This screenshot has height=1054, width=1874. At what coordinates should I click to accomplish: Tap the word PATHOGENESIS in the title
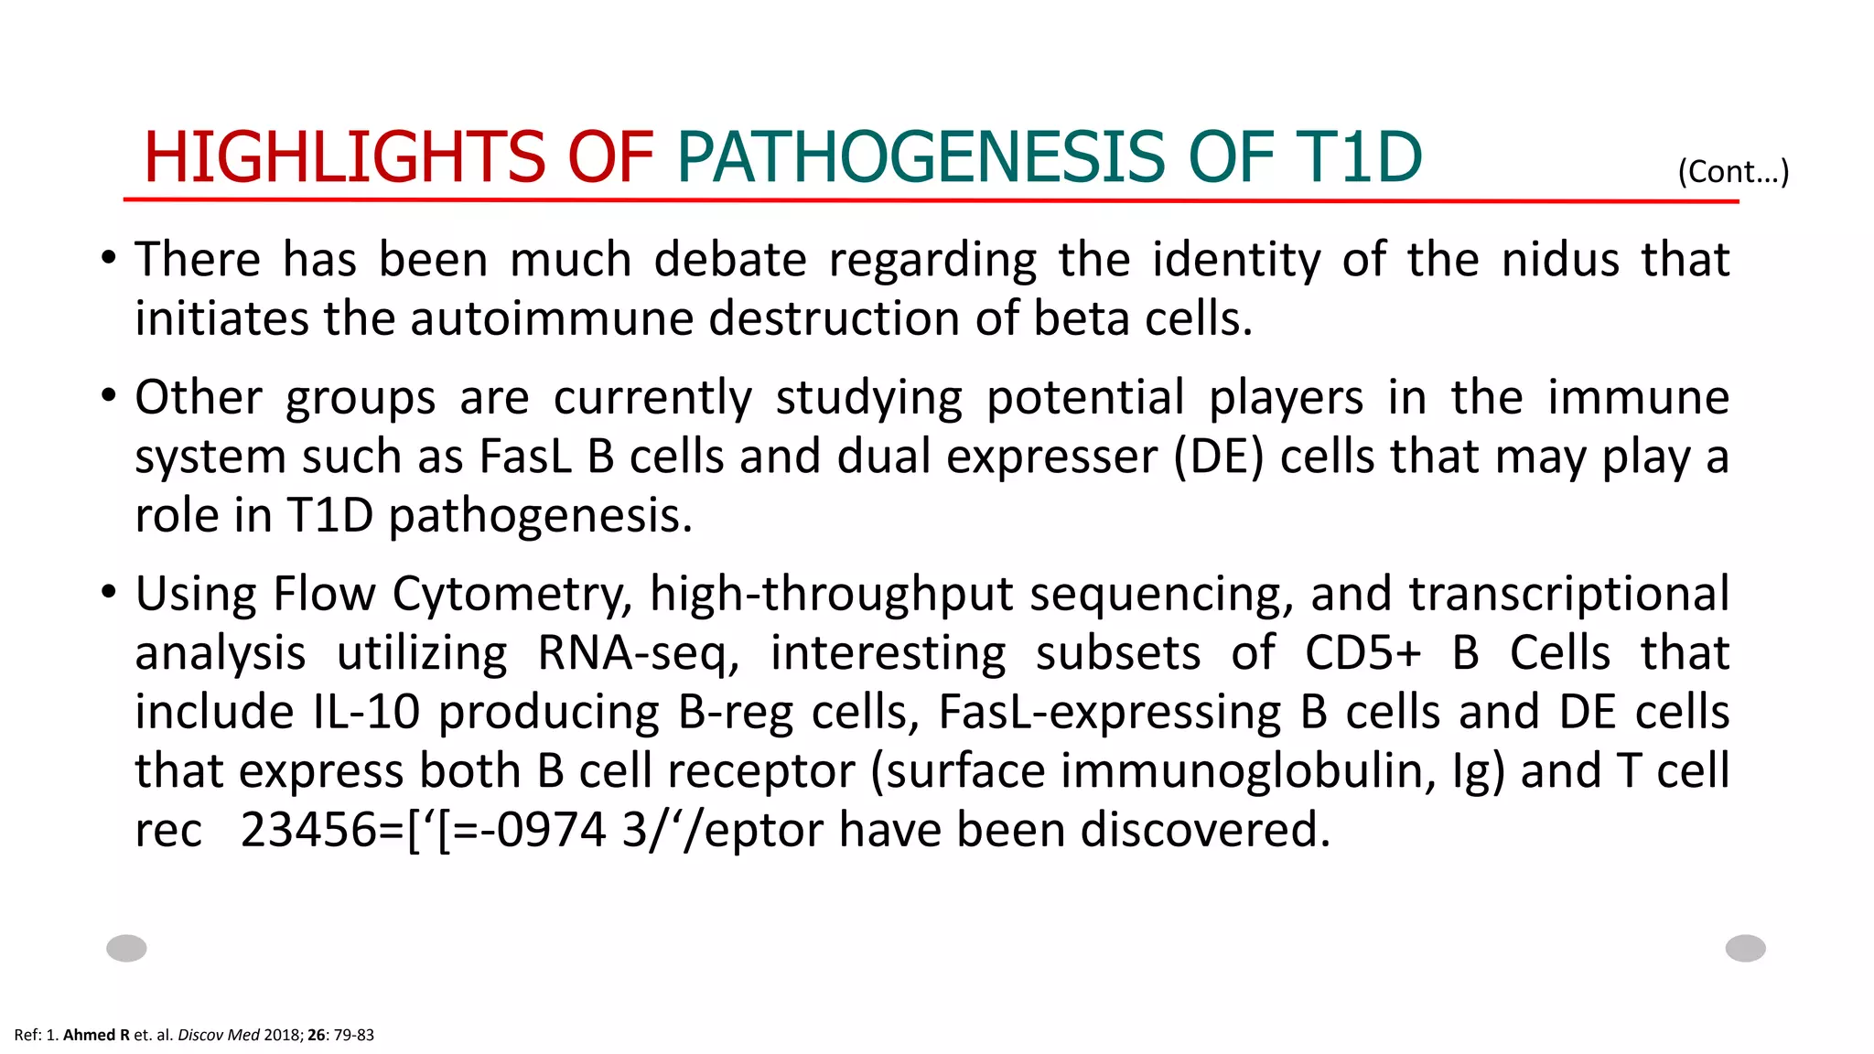point(921,156)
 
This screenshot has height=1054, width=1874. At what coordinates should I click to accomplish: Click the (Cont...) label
point(1733,171)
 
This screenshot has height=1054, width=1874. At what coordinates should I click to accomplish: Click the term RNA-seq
point(638,653)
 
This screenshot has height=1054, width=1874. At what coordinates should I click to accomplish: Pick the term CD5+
point(1362,653)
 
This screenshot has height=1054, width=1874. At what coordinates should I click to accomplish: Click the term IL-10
point(366,712)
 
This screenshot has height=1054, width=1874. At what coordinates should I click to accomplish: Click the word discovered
point(1205,830)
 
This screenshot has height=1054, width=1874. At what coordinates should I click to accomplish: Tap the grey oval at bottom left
point(126,948)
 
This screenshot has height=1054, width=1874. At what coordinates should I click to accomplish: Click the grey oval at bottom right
point(1745,948)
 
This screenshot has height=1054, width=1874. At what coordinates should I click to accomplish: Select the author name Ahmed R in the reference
point(96,1035)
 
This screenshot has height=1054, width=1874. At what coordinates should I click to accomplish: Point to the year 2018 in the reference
point(282,1035)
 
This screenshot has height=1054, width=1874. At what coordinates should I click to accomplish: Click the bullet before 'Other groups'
point(109,397)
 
